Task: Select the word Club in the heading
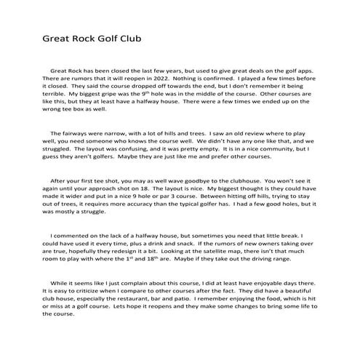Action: (127, 37)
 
